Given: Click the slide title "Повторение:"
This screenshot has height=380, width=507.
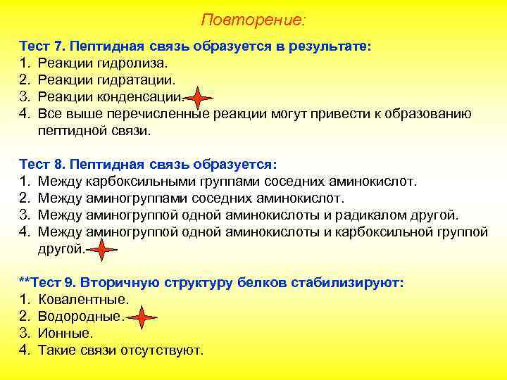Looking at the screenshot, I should pos(254,19).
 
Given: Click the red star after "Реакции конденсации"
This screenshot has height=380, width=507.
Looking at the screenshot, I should pos(199,97).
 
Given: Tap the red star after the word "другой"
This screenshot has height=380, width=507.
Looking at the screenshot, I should pos(102,249).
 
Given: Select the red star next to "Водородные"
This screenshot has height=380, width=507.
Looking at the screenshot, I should pos(144,317).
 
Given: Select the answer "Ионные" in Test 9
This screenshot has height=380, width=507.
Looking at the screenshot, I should pos(65,334).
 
